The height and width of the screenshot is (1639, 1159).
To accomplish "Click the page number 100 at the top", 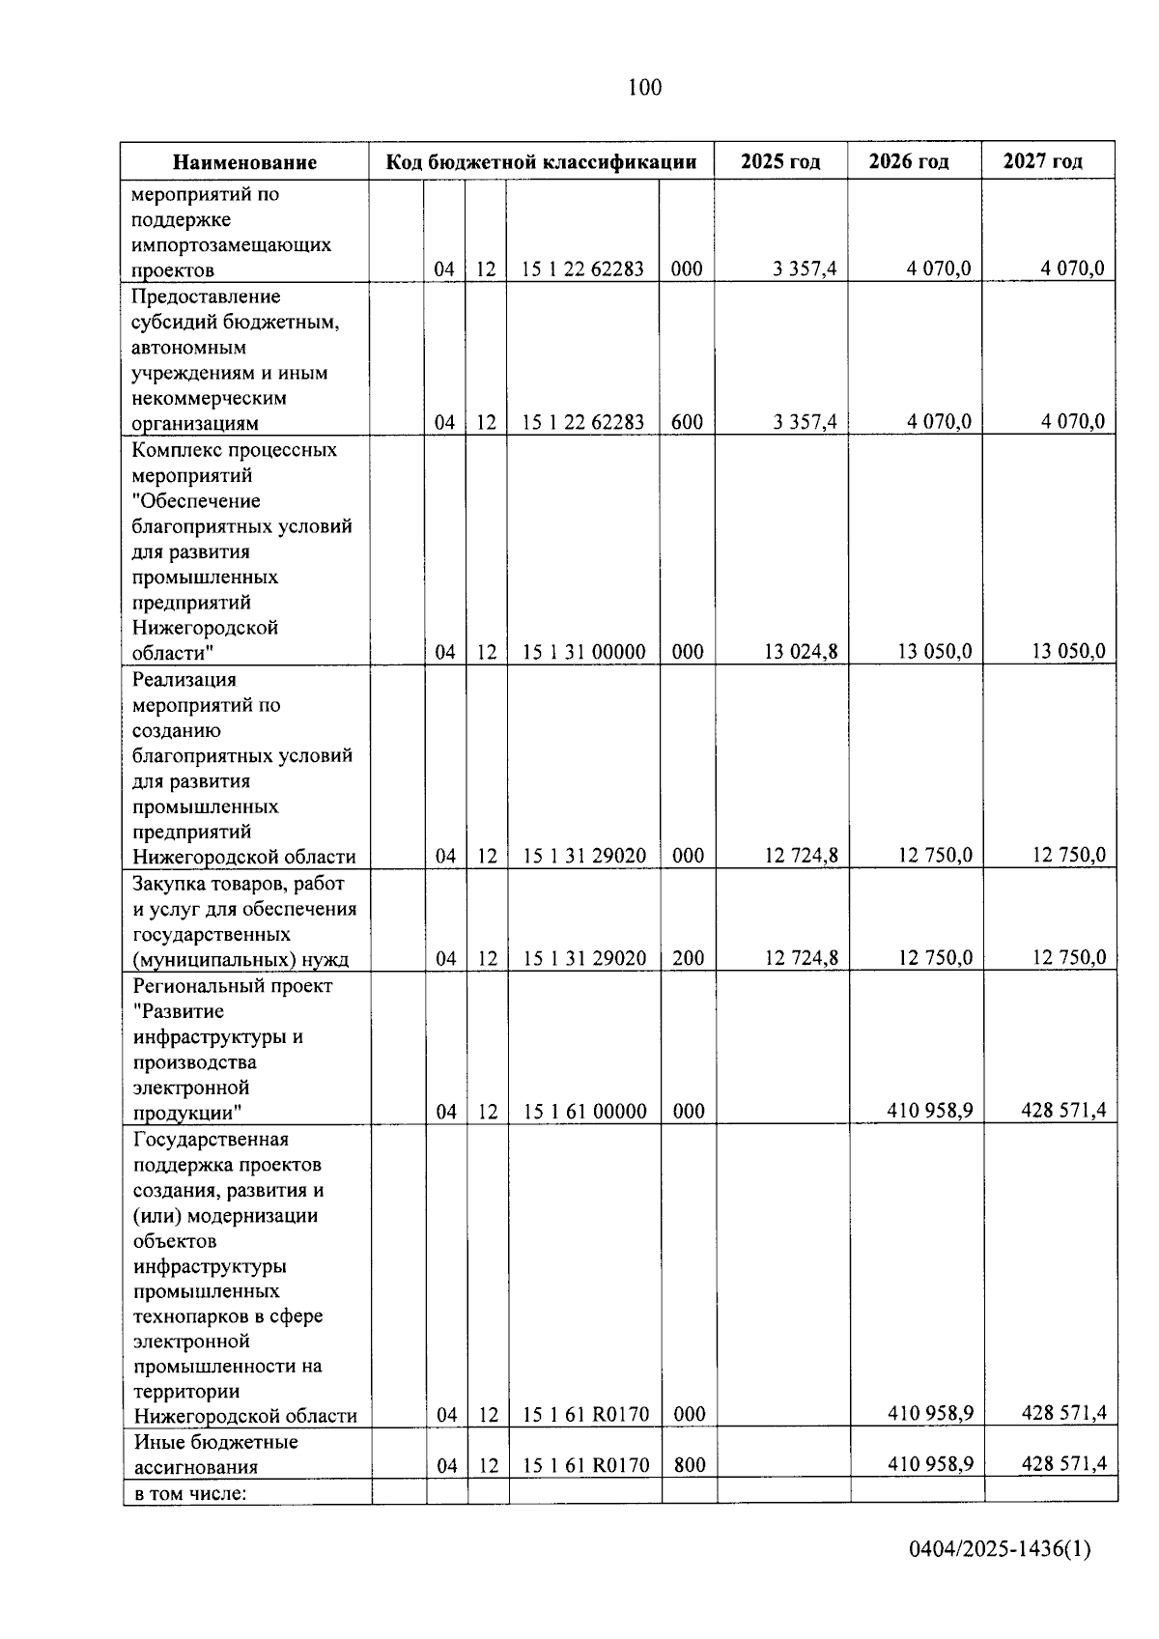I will [x=644, y=88].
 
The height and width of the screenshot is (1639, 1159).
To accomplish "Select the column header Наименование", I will [x=244, y=162].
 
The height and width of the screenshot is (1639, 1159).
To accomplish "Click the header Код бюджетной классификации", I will [x=541, y=161].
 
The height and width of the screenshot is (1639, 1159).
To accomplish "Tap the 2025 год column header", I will [x=780, y=161].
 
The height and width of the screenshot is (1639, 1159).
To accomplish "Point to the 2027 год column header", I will [x=1043, y=161].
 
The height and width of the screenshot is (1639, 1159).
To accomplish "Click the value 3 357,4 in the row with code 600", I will [x=805, y=422].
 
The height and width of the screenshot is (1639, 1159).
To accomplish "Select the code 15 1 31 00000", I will [x=583, y=652].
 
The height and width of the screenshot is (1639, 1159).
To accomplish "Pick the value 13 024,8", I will [x=801, y=652].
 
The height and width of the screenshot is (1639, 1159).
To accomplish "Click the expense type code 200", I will [x=688, y=958].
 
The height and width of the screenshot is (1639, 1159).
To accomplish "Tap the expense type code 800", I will [x=690, y=1465].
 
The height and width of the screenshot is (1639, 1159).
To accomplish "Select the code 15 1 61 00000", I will [x=584, y=1112].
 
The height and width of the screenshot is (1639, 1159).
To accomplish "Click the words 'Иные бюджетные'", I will [x=215, y=1442].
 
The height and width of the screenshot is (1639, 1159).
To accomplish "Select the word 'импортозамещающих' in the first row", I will [x=231, y=245].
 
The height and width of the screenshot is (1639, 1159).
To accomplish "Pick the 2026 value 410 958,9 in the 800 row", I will [x=929, y=1464].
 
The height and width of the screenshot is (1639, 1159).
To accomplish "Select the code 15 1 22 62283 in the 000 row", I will [x=582, y=269].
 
